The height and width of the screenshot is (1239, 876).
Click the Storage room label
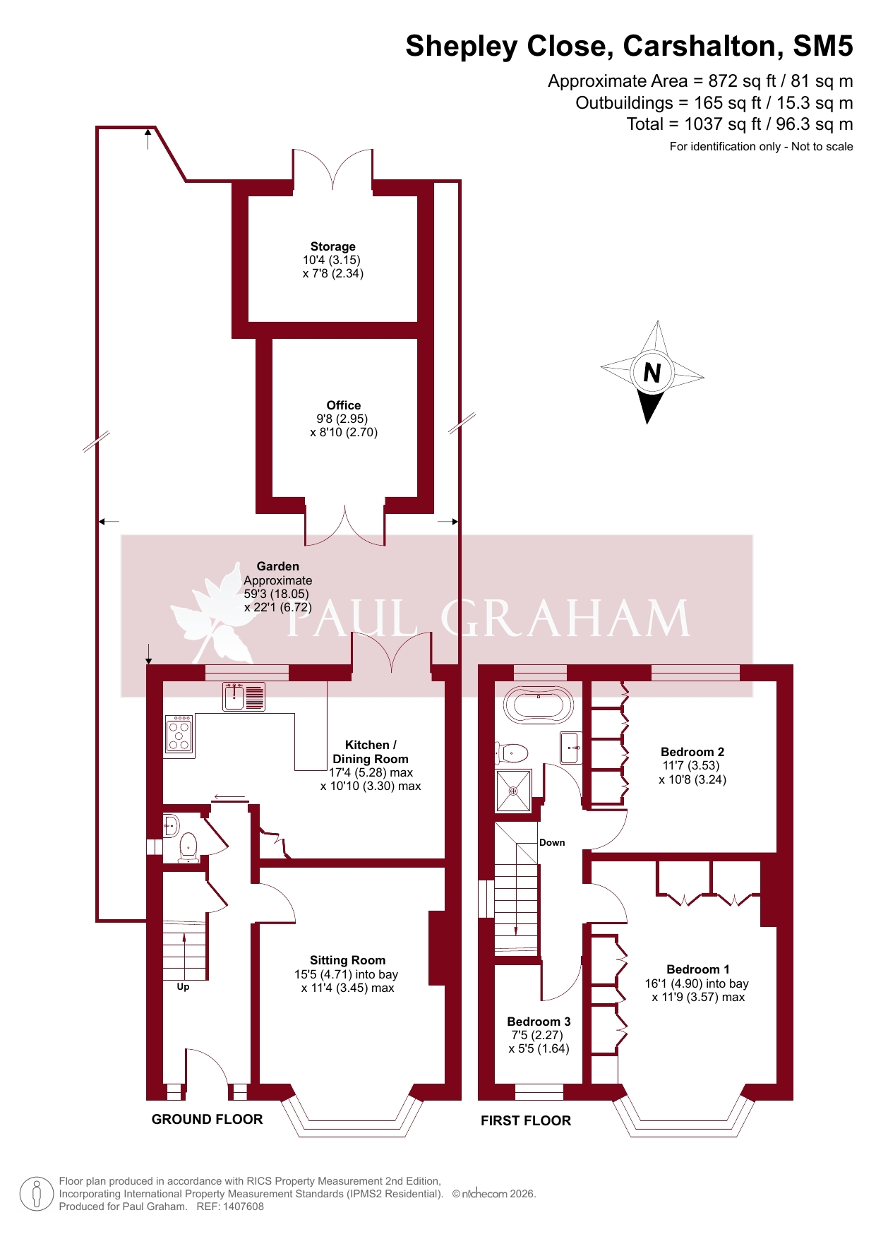point(333,246)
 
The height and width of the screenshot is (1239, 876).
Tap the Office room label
point(344,405)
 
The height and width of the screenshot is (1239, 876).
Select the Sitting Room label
point(348,960)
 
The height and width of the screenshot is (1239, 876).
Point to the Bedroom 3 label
point(539,1022)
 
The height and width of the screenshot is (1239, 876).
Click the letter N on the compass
point(652,372)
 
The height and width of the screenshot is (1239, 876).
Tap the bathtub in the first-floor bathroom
point(539,705)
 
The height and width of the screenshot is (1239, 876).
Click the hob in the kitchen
point(179,734)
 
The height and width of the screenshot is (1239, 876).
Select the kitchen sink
point(244,696)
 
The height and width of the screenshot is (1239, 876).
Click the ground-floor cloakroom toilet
point(188,847)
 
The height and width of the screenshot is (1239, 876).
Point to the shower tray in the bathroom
point(514,791)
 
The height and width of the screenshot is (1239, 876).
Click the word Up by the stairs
point(183,987)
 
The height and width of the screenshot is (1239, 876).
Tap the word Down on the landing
point(552,842)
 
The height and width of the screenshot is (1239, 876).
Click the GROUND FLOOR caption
point(207,1119)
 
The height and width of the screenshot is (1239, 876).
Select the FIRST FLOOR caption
point(526,1120)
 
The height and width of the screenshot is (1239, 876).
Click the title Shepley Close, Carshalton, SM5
point(629,46)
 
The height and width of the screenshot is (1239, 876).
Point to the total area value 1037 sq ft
point(723,124)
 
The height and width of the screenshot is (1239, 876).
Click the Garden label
point(278,566)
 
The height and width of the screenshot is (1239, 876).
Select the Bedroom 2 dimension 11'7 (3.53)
point(691,765)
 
